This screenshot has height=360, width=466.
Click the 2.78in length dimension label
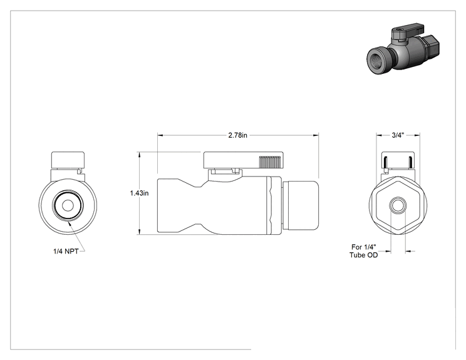(237, 135)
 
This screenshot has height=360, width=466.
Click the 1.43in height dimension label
(139, 193)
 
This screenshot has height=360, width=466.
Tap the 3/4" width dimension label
(398, 135)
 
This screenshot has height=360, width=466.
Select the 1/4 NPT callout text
(66, 251)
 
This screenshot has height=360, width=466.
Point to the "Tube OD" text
(363, 255)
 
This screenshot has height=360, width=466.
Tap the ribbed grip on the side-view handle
(270, 162)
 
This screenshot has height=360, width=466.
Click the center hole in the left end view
(68, 205)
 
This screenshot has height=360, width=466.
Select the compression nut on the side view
(301, 205)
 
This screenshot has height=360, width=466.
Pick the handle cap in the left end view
(68, 160)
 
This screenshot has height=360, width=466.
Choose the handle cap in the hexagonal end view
(398, 161)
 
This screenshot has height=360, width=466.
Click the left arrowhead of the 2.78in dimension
(160, 135)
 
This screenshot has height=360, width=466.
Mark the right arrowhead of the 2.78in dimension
(316, 135)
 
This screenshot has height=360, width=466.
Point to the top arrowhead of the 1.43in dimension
(139, 155)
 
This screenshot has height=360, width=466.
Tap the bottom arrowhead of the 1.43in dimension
(139, 232)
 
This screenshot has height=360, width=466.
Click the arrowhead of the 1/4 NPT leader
(70, 224)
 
